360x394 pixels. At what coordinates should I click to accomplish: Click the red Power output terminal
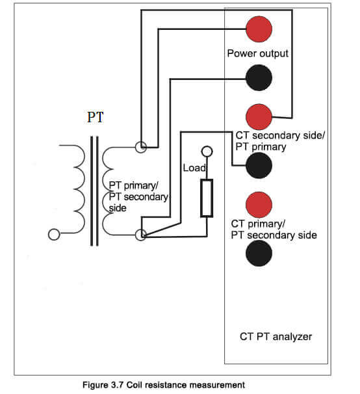click(259, 29)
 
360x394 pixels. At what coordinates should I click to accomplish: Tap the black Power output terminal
click(259, 77)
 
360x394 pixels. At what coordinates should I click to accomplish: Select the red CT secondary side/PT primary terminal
click(259, 117)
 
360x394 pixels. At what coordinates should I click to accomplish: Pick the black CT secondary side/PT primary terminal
click(259, 165)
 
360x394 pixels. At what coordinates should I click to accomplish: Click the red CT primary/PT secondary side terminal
click(259, 205)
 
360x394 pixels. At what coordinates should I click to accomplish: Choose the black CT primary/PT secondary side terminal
click(259, 253)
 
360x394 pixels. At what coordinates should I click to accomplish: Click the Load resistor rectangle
click(207, 198)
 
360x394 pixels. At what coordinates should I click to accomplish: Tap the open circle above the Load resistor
click(207, 151)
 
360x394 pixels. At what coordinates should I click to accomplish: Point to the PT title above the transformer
click(96, 117)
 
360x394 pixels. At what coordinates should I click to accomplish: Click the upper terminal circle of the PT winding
click(140, 147)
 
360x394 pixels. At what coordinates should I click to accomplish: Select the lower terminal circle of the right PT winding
click(140, 235)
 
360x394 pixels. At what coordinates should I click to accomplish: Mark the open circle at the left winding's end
click(54, 235)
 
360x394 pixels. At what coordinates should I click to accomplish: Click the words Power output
click(257, 53)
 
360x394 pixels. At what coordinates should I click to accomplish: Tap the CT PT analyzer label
click(276, 336)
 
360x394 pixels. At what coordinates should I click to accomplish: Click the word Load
click(194, 168)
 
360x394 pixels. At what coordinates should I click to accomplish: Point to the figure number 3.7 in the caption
click(118, 385)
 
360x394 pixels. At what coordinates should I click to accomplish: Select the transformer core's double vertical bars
click(94, 191)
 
